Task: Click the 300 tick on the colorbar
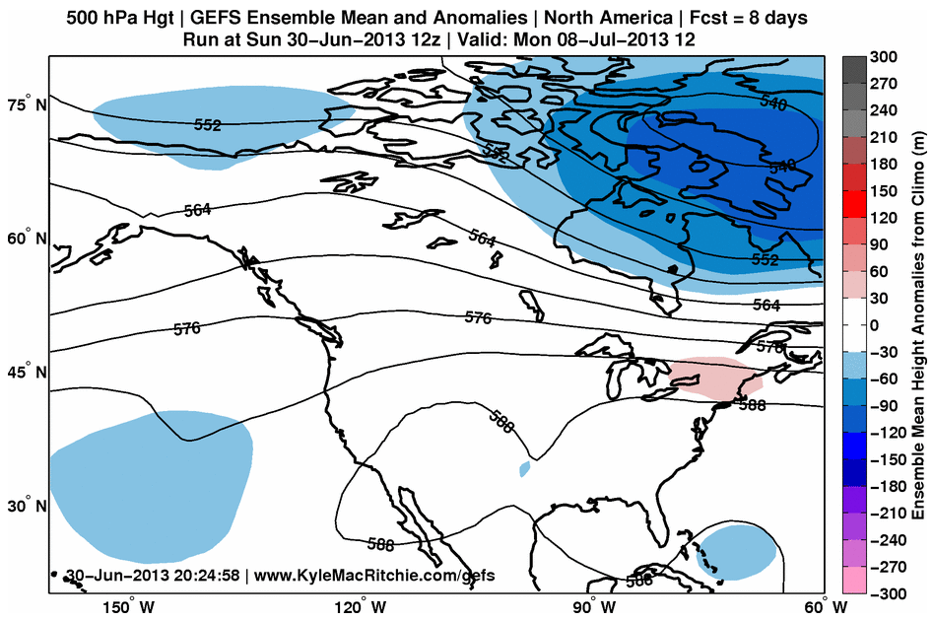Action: click(x=885, y=58)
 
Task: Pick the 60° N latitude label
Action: click(x=29, y=239)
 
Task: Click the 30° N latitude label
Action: click(x=29, y=507)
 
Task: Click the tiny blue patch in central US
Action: click(x=524, y=468)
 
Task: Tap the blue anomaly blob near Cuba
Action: click(x=734, y=552)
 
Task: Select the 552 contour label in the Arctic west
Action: click(x=208, y=125)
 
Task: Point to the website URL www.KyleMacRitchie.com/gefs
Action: click(x=373, y=575)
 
